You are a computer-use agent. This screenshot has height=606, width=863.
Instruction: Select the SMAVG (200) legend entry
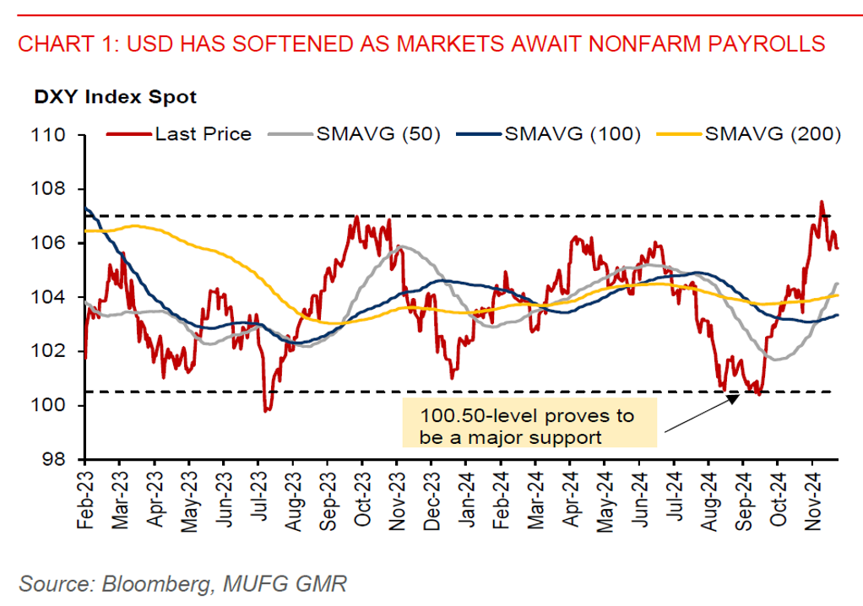pos(771,134)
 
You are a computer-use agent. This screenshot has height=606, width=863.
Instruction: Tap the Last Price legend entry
pos(203,134)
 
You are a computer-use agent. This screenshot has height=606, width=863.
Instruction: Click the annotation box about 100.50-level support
pos(528,426)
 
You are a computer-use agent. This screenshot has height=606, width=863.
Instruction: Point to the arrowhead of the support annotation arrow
pos(735,396)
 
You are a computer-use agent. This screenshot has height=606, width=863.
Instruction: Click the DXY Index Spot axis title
pos(115,97)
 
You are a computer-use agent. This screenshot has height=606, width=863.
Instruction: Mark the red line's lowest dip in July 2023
pos(267,410)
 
